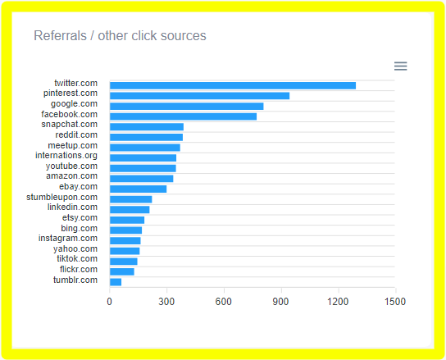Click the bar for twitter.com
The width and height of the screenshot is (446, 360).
232,85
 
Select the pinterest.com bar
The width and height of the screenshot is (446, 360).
199,96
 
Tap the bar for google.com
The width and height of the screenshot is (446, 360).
186,106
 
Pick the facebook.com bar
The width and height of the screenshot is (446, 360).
183,116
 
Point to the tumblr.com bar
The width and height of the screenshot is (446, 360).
116,282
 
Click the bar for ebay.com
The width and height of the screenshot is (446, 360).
138,189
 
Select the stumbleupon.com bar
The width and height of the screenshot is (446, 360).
130,199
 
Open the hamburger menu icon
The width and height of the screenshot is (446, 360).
400,66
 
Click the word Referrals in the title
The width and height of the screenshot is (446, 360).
58,36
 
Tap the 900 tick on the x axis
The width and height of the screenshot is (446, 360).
281,302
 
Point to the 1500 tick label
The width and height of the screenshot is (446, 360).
395,302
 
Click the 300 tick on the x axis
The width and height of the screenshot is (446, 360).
166,302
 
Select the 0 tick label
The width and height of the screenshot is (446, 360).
110,302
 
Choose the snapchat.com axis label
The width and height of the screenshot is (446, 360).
69,124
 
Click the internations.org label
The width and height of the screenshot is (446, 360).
66,155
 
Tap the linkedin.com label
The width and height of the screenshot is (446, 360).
72,207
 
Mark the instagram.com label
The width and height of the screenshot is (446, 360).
68,238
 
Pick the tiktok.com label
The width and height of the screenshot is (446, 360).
77,258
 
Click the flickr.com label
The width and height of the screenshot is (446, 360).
79,269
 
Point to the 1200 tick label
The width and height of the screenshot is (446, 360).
339,302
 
